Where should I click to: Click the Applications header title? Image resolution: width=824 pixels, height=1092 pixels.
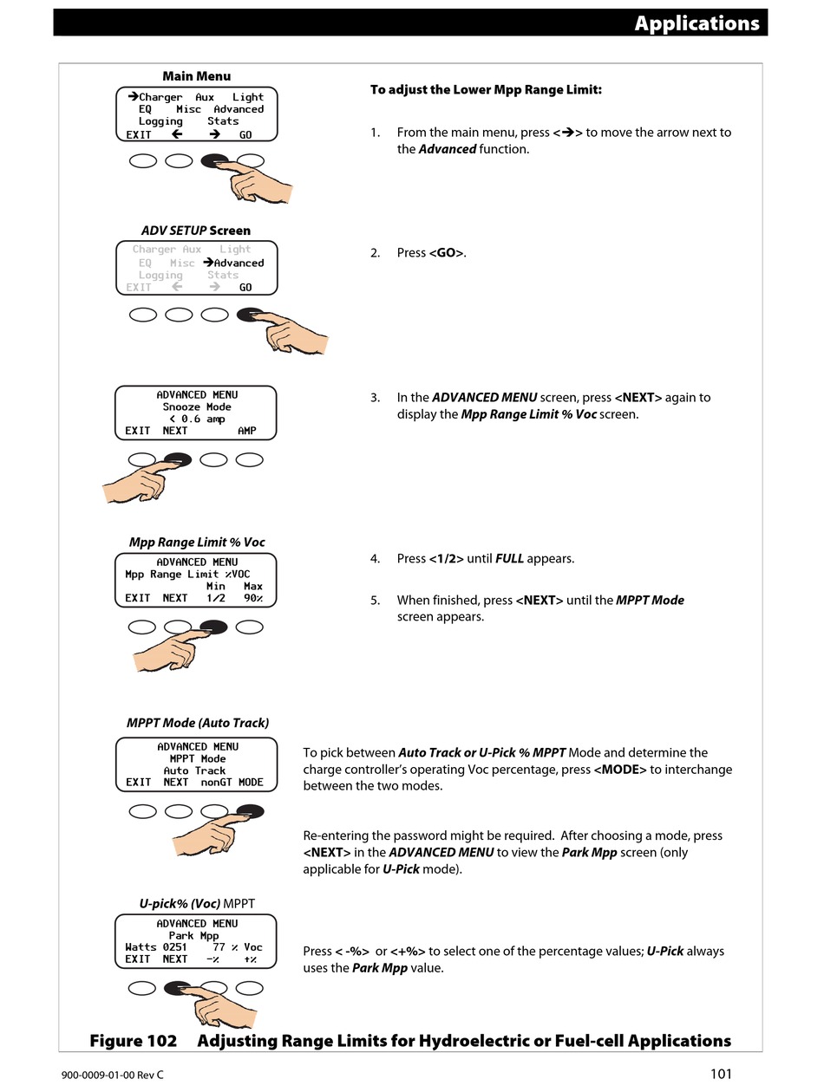point(696,23)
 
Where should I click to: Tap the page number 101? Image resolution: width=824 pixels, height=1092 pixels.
point(721,1075)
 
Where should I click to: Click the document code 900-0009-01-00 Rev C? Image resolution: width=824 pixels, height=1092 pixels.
point(112,1076)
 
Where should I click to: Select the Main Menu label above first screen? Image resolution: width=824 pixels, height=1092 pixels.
point(197,76)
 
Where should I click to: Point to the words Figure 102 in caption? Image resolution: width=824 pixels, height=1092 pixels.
point(133,1041)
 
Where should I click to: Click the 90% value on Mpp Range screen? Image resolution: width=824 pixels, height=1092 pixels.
point(252,598)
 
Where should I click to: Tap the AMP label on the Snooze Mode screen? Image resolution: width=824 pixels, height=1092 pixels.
point(247,431)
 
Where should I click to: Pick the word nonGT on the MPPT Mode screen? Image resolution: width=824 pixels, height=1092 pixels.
point(216,783)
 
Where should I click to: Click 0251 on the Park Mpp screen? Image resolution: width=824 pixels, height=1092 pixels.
point(174,947)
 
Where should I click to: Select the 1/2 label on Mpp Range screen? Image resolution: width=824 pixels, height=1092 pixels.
point(215,598)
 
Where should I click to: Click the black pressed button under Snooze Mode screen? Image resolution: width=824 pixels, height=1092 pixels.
point(178,459)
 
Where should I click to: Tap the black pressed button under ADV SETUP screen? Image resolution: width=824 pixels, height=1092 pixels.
point(250,315)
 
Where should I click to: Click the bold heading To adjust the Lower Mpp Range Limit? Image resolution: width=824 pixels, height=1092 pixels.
point(486,90)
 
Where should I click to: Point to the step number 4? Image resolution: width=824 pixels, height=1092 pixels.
point(375,559)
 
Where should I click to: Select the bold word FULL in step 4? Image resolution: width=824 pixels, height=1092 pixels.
point(509,559)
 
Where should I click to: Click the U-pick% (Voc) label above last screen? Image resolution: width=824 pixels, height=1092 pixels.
point(180,903)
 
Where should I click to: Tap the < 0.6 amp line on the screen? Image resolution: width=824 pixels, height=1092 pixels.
point(197,419)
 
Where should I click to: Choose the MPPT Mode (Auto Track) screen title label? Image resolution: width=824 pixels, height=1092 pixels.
point(198,723)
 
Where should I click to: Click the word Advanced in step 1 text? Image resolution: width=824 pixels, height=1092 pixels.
point(448,149)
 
